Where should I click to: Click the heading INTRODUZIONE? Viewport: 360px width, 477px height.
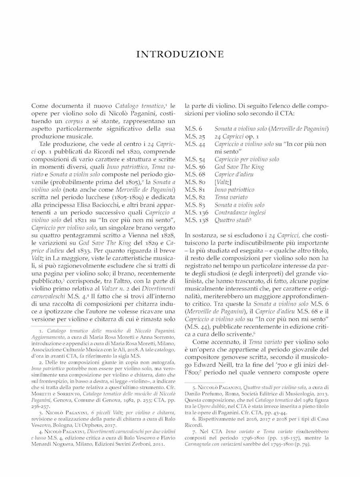click(180, 54)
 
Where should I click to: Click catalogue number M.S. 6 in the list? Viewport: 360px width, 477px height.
click(194, 129)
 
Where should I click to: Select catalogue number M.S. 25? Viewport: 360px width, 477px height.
click(195, 136)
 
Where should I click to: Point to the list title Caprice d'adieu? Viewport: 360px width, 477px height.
click(234, 174)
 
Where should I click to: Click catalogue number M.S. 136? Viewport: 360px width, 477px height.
click(197, 212)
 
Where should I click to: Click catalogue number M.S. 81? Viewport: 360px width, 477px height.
click(195, 190)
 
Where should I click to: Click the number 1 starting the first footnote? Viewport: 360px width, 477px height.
click(41, 331)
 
